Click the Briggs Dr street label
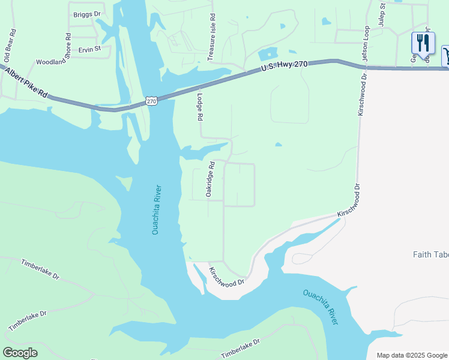(87, 14)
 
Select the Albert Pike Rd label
(26, 82)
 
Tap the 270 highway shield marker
(151, 101)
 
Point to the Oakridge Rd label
(209, 178)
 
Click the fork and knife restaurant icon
(423, 44)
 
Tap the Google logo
(20, 353)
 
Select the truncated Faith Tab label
(430, 254)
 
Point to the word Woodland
(50, 62)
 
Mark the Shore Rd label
(68, 45)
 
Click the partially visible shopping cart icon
(446, 56)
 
